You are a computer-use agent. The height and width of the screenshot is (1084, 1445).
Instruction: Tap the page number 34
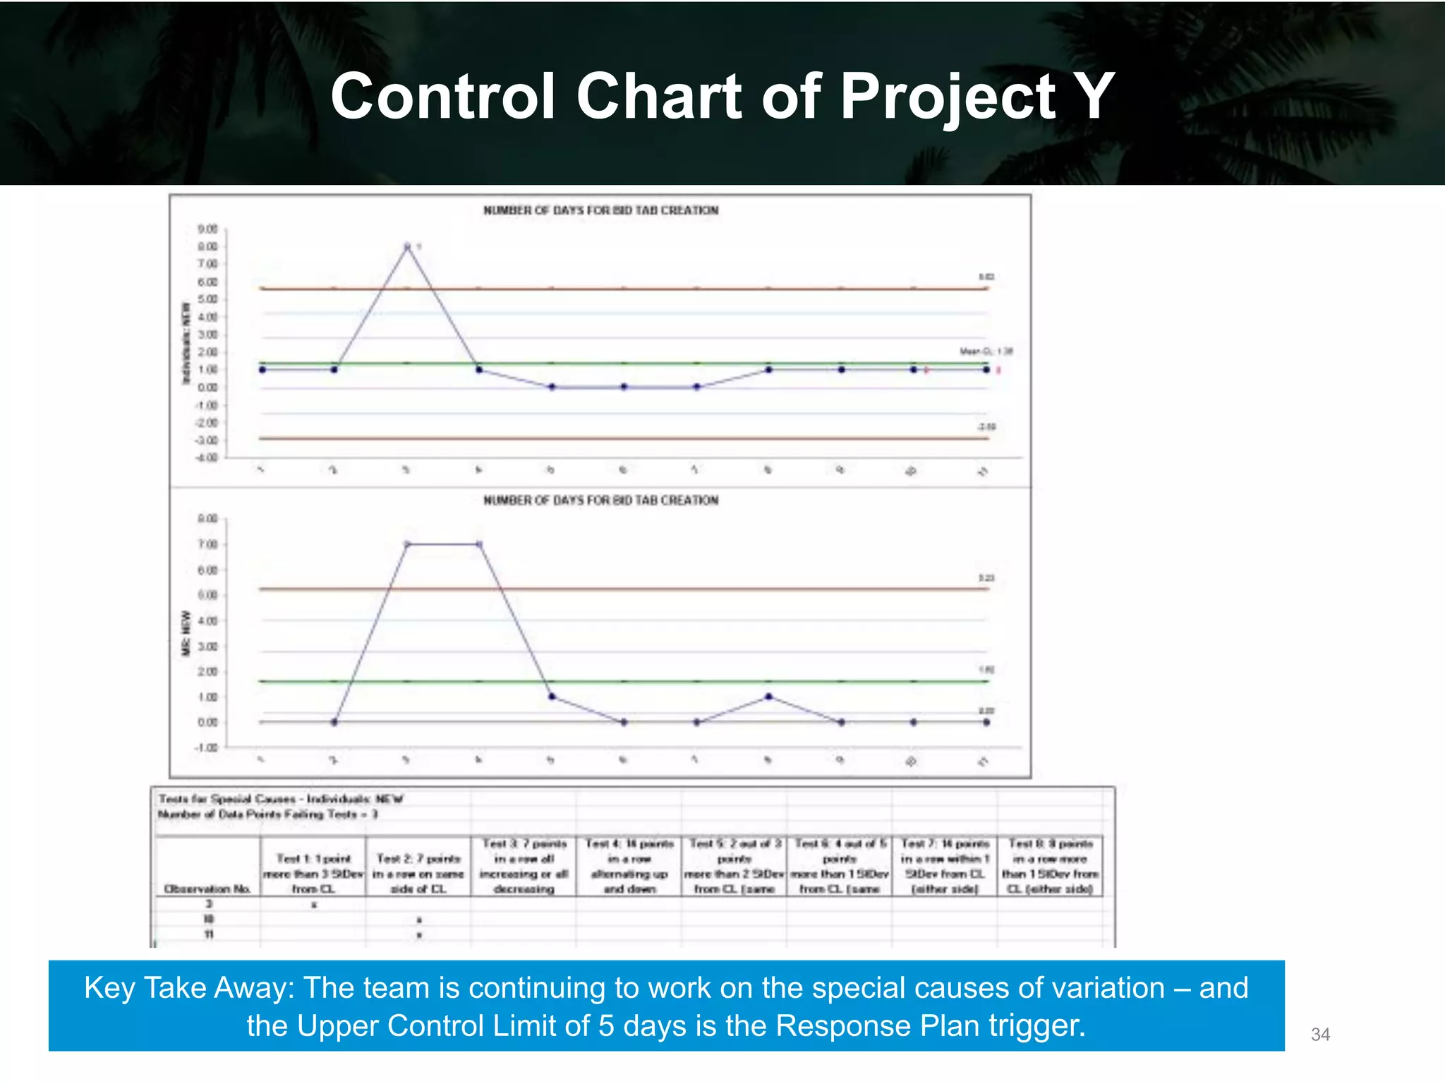click(1320, 1035)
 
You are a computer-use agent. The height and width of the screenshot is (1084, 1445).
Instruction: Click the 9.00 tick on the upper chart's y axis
click(207, 229)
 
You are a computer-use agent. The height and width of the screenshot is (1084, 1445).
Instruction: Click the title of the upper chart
click(600, 210)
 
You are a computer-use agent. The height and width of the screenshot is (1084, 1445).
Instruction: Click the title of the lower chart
click(600, 500)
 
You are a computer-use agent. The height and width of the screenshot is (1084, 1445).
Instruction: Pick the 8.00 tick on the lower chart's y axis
click(207, 519)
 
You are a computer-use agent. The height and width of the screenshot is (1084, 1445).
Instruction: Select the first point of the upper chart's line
click(262, 370)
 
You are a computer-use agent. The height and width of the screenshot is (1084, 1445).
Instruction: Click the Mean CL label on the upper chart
click(986, 351)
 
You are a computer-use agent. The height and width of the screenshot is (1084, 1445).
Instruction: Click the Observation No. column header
click(207, 889)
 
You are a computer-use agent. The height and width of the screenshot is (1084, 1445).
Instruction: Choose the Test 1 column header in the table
click(313, 874)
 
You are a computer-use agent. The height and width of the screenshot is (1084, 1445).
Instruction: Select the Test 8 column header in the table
click(1051, 866)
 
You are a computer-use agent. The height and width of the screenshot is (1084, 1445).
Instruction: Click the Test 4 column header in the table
click(629, 866)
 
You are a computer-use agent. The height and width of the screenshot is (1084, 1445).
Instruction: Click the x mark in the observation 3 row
click(314, 905)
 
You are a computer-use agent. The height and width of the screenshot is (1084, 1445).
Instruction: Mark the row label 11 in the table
click(209, 934)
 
